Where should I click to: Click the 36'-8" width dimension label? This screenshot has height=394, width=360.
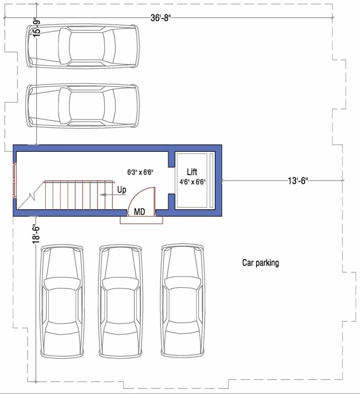[x=161, y=17]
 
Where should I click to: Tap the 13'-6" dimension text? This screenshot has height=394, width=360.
[x=297, y=181]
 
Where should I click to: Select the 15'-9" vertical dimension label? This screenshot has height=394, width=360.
[x=36, y=27]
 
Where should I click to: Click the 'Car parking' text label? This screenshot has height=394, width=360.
[x=261, y=263]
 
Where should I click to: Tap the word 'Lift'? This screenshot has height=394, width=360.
[x=192, y=172]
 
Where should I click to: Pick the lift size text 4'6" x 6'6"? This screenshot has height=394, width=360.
[x=192, y=182]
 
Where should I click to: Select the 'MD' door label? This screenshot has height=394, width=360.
[x=139, y=211]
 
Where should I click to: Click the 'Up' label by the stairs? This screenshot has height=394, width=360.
[x=122, y=190]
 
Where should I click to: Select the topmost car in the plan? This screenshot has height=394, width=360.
[x=83, y=46]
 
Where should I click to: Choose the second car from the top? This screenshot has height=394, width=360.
[x=83, y=105]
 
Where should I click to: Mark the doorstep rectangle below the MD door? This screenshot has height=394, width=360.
[x=142, y=220]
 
